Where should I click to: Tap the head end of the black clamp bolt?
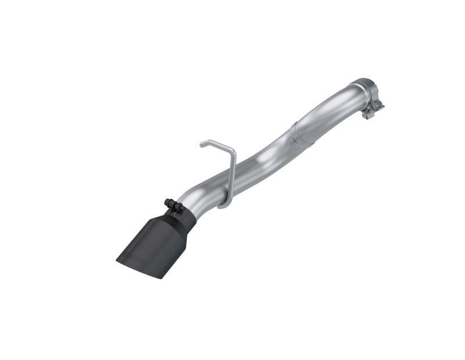tap(167, 202)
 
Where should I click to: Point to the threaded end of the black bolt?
tap(181, 208)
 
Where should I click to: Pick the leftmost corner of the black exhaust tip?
tap(117, 256)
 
